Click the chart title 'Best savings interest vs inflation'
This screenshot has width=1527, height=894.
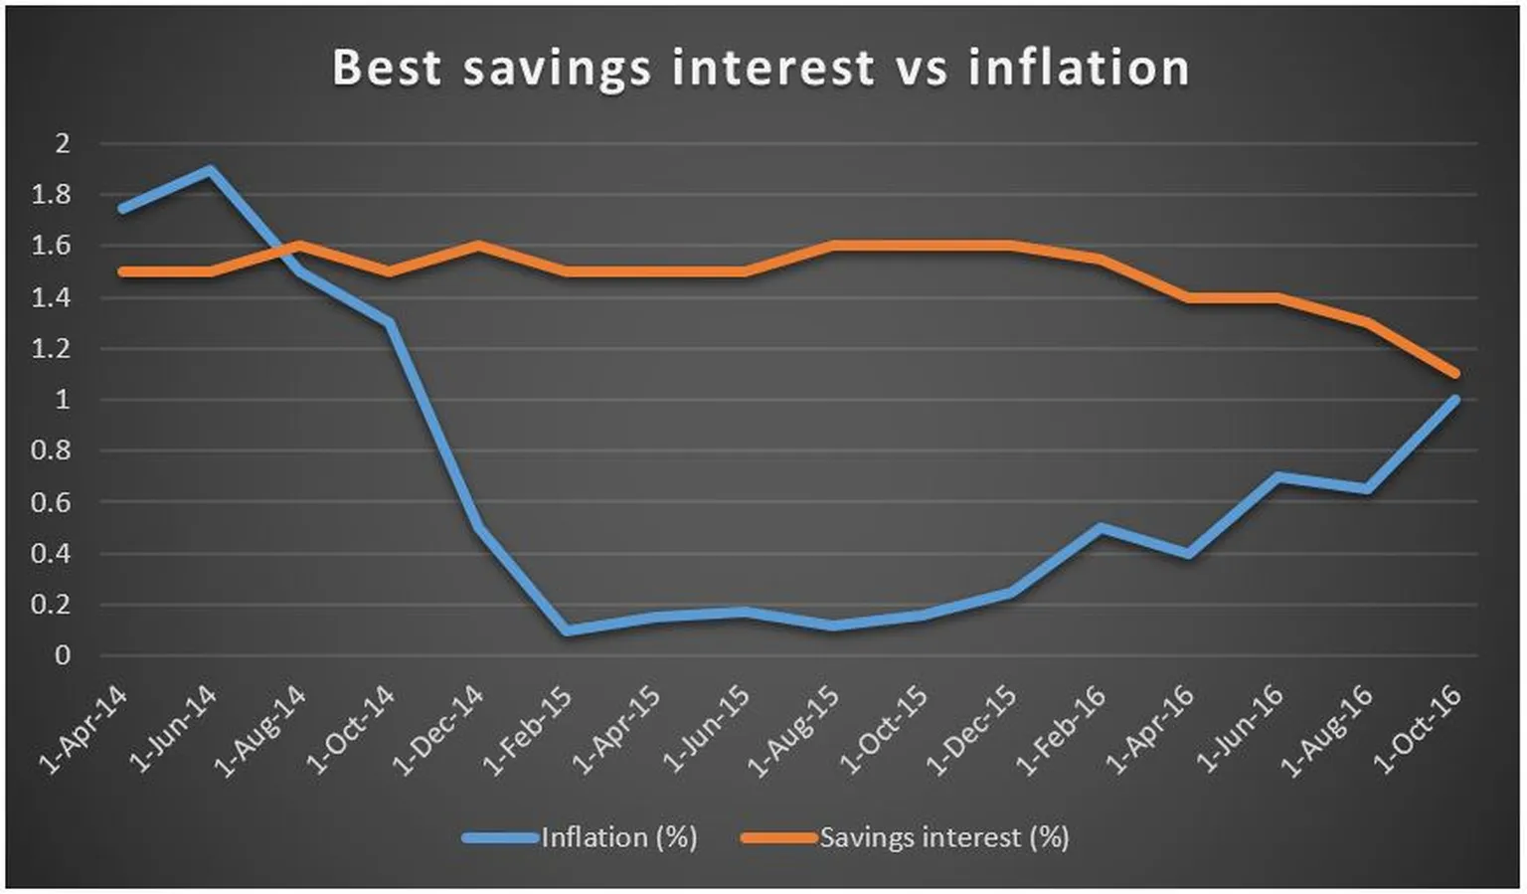(x=761, y=68)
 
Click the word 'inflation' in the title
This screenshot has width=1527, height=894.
(x=1079, y=68)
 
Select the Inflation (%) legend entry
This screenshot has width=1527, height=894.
(x=582, y=837)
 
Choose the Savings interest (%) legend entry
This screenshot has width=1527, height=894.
(x=906, y=837)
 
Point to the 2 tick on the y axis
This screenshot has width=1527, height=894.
(x=63, y=143)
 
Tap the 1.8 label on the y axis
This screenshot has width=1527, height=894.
(x=51, y=195)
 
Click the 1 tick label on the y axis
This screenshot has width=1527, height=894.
(x=63, y=400)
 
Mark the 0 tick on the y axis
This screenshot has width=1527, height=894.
(x=63, y=655)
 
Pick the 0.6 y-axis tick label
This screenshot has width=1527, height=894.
(x=51, y=502)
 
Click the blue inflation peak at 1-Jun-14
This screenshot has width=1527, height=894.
(x=210, y=170)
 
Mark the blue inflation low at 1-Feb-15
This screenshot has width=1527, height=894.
(x=566, y=630)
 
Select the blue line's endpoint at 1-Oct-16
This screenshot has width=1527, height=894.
(x=1455, y=400)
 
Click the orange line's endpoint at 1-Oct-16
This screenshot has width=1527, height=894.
(x=1455, y=374)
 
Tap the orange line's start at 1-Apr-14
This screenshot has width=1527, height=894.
(x=120, y=271)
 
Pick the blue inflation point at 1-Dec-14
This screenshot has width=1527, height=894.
(x=477, y=528)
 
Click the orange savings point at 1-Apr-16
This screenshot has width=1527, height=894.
(x=1189, y=297)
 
